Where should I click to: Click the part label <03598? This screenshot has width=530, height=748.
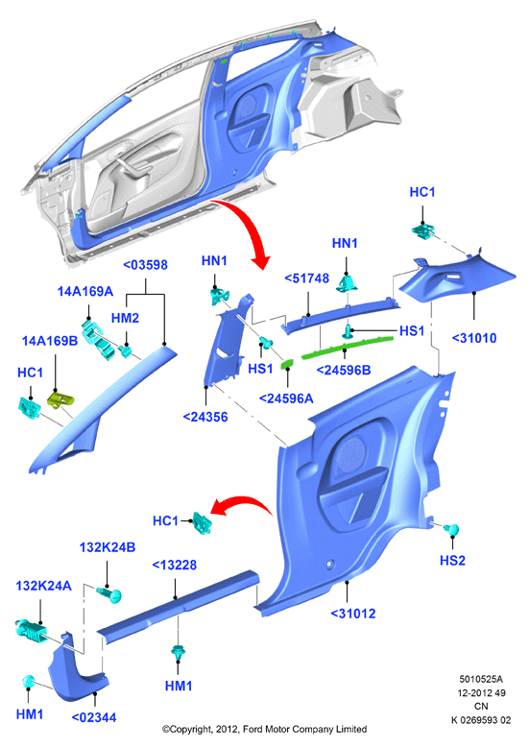[x=146, y=265]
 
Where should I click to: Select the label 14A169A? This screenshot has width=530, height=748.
[x=85, y=292]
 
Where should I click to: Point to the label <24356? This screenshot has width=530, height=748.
[x=205, y=417]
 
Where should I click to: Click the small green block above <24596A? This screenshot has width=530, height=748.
[x=287, y=364]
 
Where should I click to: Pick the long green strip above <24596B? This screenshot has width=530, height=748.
[x=347, y=347]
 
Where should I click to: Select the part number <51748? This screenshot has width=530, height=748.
[x=306, y=278]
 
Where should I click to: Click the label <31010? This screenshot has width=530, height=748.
[x=474, y=338]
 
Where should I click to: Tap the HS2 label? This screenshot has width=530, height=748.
[x=452, y=560]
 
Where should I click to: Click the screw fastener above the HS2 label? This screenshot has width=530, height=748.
[x=450, y=529]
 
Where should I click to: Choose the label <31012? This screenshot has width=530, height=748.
[x=353, y=614]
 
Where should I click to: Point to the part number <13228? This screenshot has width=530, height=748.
[x=174, y=566]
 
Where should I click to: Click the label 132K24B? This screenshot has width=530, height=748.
[x=108, y=547]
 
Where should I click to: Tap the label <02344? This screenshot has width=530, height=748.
[x=94, y=717]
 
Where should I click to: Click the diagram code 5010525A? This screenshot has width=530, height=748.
[x=481, y=679]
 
